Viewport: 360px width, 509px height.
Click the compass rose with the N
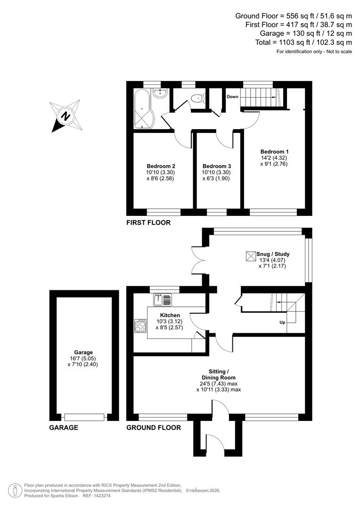click(66, 116)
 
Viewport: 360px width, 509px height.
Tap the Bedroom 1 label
click(274, 151)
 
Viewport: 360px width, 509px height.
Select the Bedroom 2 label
click(161, 166)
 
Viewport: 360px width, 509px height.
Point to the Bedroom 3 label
click(217, 166)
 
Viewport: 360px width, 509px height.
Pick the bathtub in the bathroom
click(141, 109)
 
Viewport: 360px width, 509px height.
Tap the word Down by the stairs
click(232, 97)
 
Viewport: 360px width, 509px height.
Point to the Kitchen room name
click(170, 315)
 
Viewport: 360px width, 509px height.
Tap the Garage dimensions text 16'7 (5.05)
click(83, 358)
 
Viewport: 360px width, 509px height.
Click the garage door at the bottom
click(84, 417)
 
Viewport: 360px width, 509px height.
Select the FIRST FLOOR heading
click(148, 222)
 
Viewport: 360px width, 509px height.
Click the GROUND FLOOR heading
click(153, 428)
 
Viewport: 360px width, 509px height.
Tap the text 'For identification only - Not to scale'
click(314, 51)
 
